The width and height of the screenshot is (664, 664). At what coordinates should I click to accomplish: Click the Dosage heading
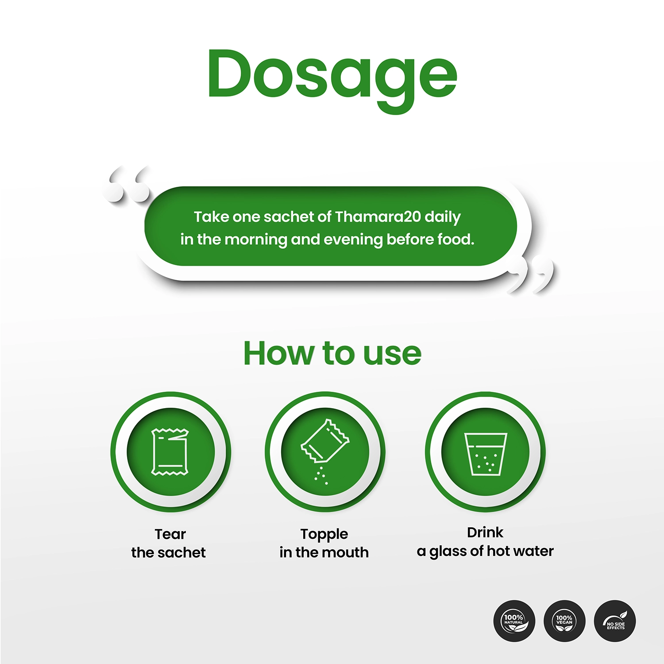(x=332, y=80)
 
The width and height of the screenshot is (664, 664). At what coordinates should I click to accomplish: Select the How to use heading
(x=332, y=353)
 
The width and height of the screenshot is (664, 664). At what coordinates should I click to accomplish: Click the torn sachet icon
(x=170, y=452)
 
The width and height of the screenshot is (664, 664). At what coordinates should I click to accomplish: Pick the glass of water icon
(x=486, y=454)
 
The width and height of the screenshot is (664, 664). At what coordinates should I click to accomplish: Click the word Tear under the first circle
(x=170, y=534)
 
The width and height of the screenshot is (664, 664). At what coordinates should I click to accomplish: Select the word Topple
(x=324, y=535)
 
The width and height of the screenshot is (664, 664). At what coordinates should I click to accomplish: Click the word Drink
(x=485, y=532)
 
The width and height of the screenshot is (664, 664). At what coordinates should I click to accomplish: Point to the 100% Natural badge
(x=514, y=621)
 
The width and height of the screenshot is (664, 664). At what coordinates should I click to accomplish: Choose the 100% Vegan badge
(x=564, y=621)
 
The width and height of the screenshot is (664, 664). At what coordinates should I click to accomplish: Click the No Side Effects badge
(x=615, y=621)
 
